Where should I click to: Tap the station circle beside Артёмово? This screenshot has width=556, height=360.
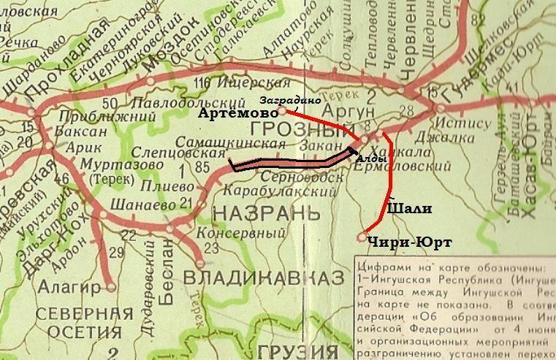click(283, 111)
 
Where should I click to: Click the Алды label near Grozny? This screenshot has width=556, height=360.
click(367, 156)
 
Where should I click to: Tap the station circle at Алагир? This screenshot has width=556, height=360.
click(111, 288)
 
